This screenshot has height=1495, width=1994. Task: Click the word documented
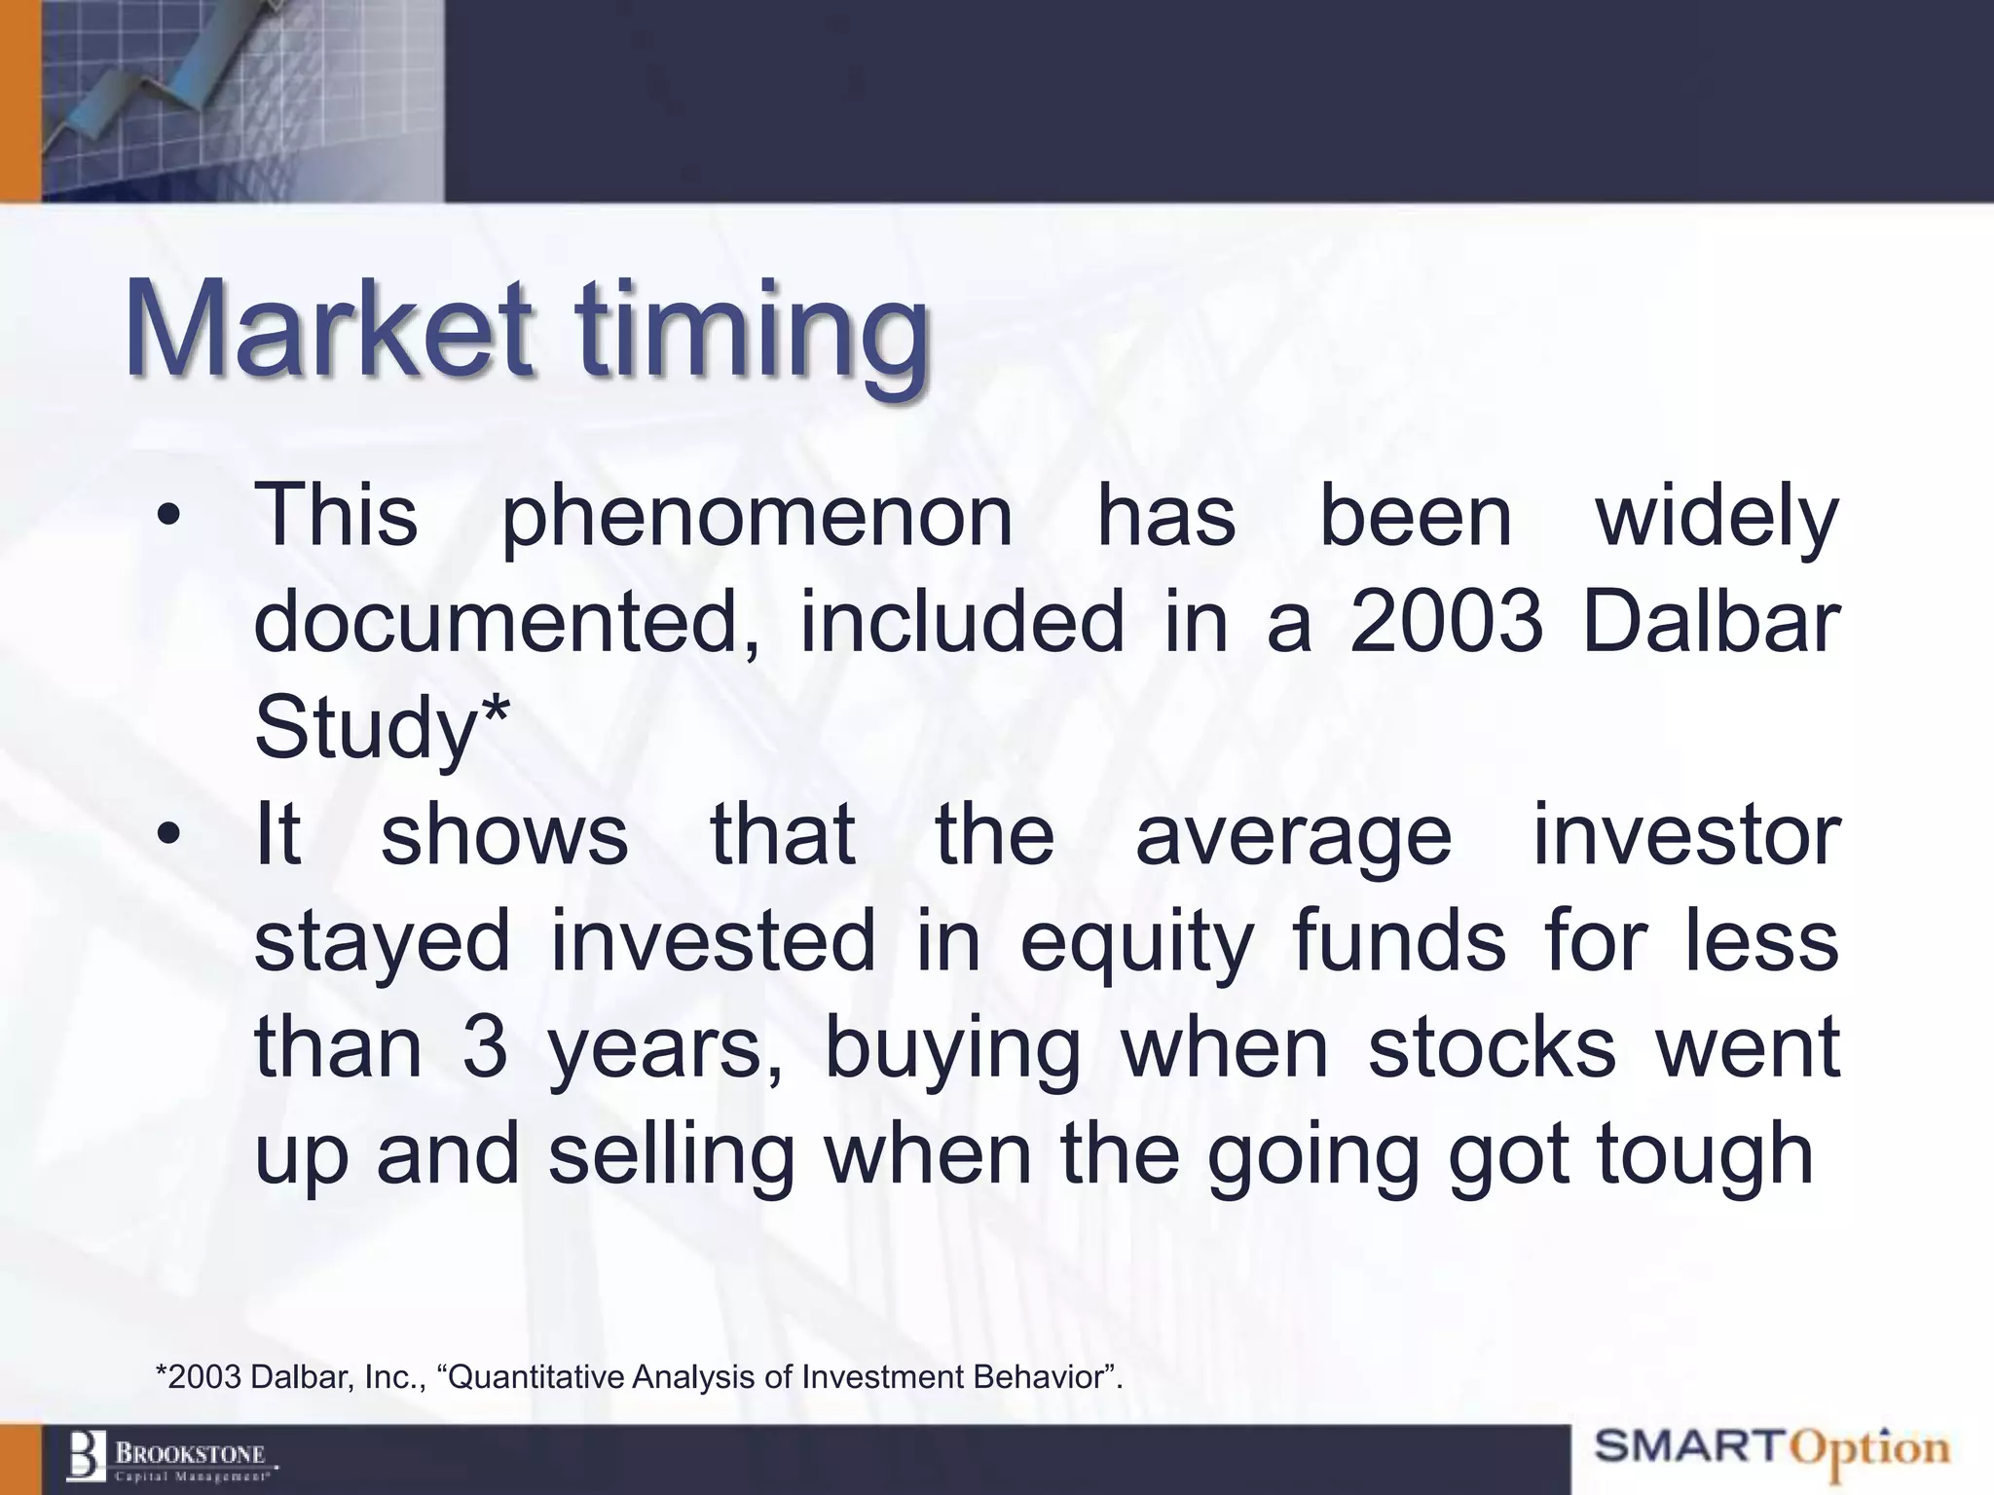click(507, 622)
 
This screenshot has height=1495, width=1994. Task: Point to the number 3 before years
click(485, 1048)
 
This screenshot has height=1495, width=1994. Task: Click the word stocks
click(1491, 1048)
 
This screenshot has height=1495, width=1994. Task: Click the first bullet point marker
click(168, 518)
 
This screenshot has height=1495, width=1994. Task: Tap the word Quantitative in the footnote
click(536, 1377)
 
